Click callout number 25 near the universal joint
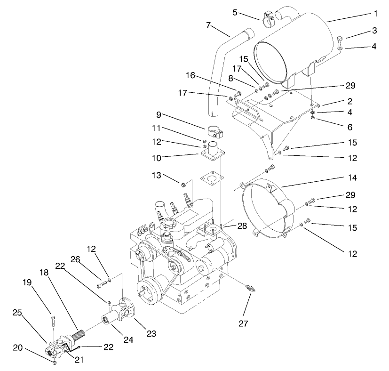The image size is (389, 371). click(x=17, y=312)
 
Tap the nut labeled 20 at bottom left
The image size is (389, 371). click(x=55, y=363)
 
